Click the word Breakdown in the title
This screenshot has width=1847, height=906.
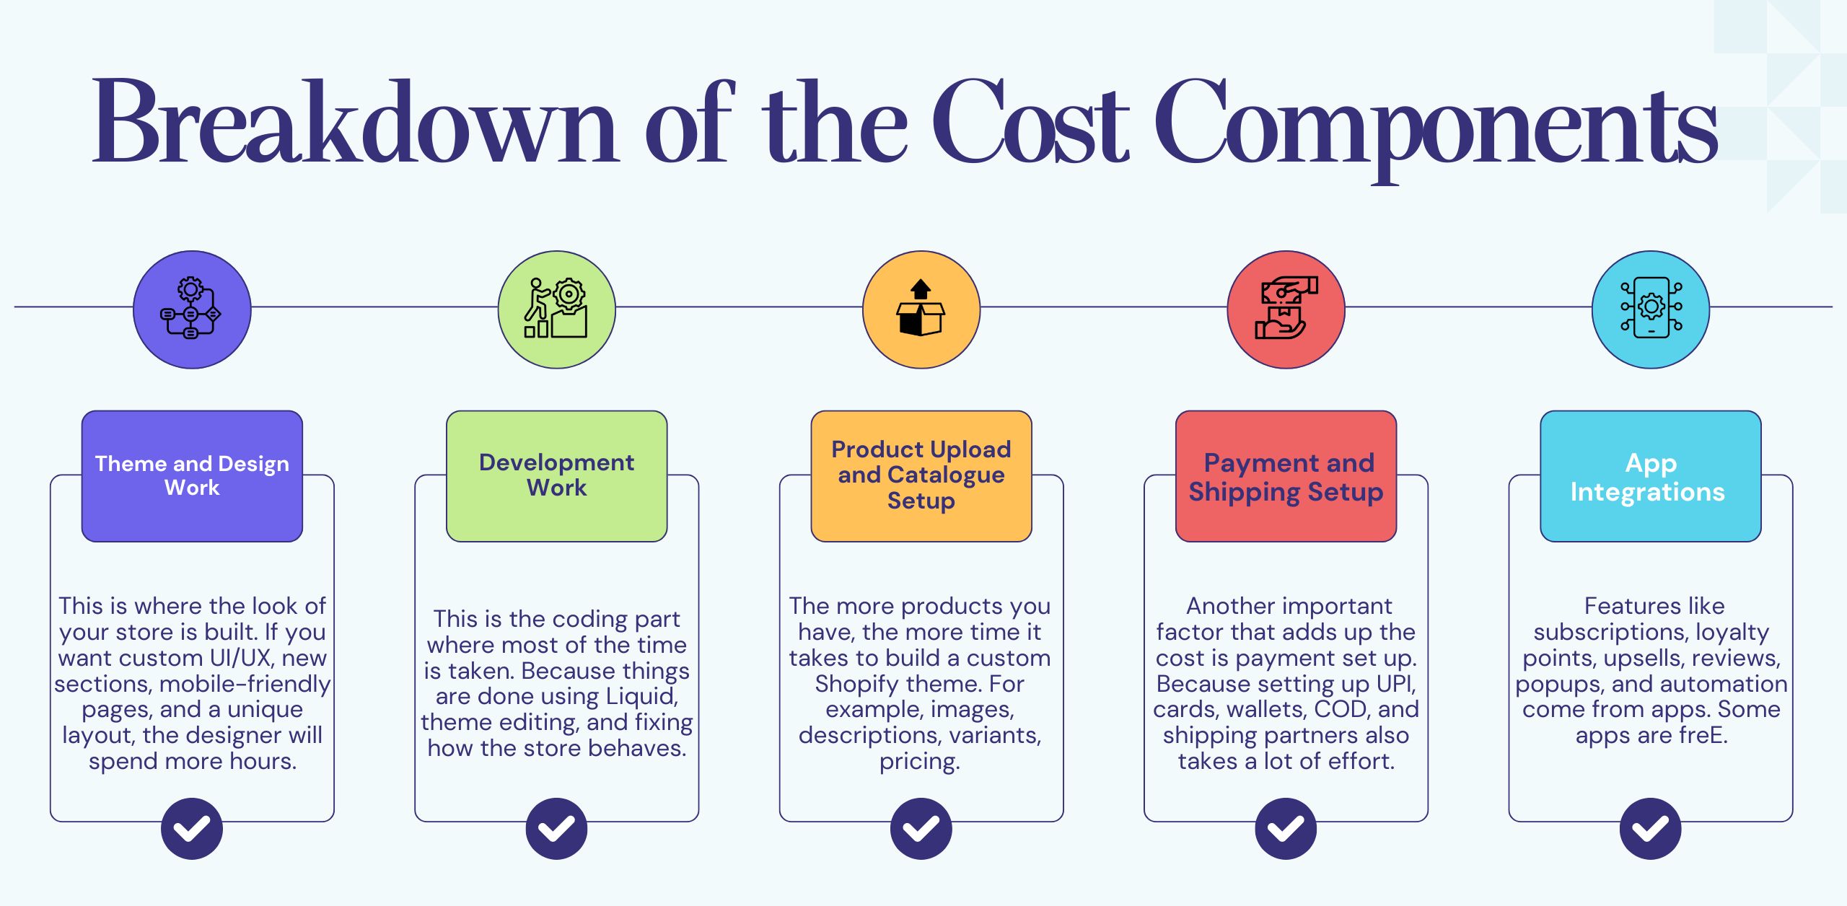[354, 123]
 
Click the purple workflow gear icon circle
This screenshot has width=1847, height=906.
[192, 309]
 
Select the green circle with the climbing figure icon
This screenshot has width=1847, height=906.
[556, 309]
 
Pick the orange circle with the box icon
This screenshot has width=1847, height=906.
[921, 309]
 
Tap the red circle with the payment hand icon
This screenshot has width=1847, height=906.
[1286, 309]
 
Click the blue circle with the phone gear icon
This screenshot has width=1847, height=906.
[1650, 309]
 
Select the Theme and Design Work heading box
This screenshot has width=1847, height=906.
[192, 476]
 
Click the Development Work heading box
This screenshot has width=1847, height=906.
[556, 476]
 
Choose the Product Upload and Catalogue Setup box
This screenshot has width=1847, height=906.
[921, 476]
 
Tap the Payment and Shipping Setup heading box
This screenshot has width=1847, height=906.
[1286, 476]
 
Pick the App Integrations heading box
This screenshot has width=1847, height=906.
[1650, 476]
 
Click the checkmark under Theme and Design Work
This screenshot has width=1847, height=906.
[192, 828]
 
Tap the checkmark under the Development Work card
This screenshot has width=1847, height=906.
[556, 828]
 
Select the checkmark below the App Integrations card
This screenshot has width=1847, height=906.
[1650, 828]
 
